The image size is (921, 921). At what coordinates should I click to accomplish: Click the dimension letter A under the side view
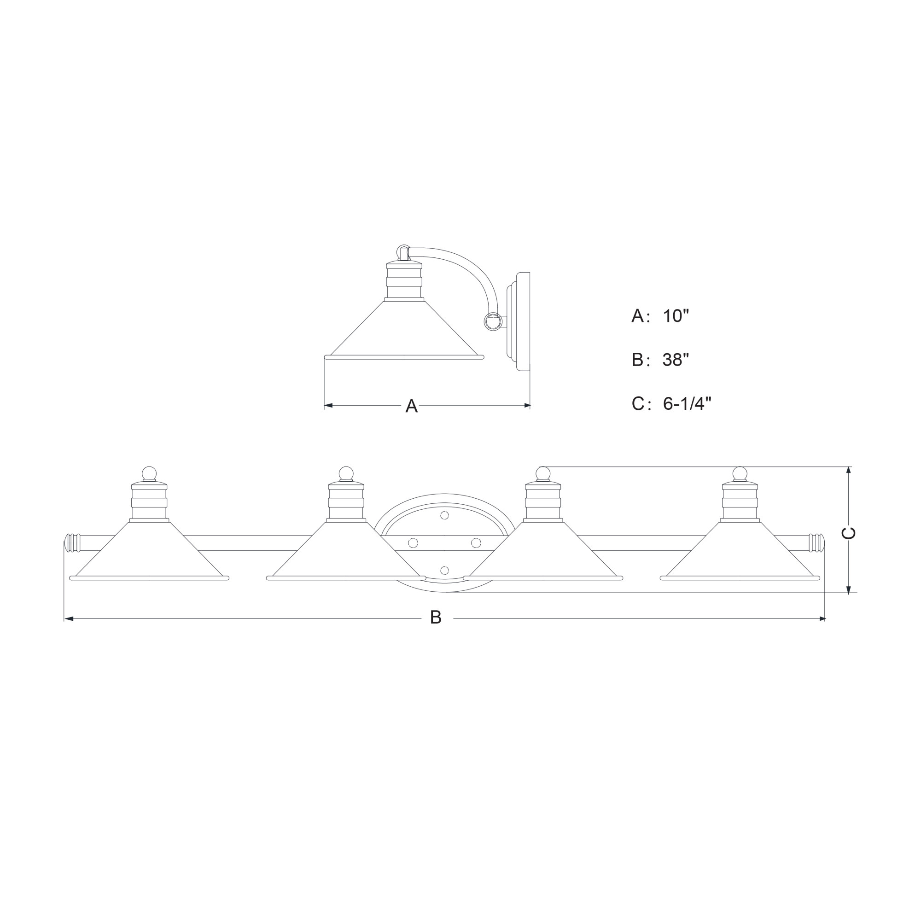pos(411,406)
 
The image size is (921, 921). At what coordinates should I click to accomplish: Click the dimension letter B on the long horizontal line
pos(436,618)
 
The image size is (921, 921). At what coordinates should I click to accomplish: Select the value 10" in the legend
pos(676,316)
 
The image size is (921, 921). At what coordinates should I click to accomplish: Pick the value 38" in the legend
pos(676,360)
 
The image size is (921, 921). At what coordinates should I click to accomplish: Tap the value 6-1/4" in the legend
pos(687,404)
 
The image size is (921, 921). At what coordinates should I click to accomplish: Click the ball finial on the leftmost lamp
pos(149,473)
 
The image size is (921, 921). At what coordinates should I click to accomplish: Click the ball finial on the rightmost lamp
pos(740,473)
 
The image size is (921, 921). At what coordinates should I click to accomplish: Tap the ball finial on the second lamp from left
pos(346,473)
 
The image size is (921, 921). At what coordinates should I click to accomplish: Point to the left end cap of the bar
pos(71,543)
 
